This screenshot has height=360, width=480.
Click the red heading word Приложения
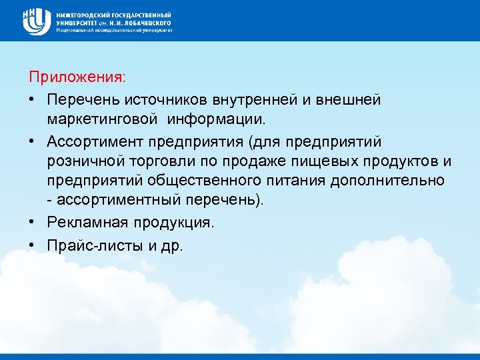(x=75, y=77)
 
